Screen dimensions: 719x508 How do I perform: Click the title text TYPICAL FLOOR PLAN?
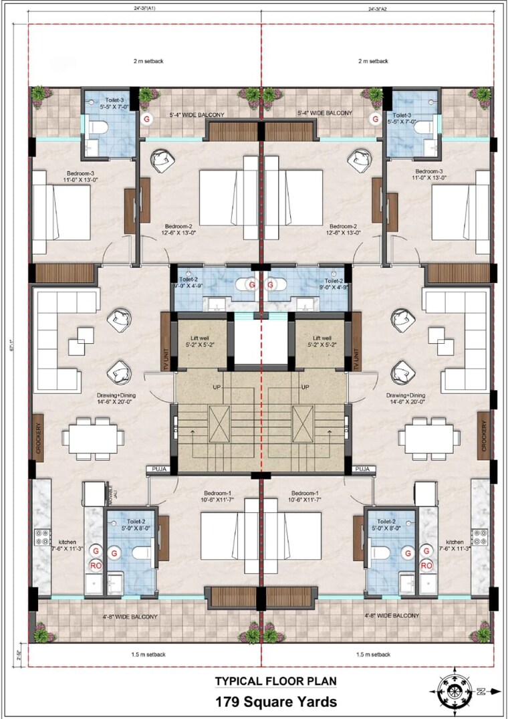coord(275,682)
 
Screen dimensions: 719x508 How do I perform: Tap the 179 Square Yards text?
coord(275,702)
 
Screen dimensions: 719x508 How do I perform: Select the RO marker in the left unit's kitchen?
coord(96,565)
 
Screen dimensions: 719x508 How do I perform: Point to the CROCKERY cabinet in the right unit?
coord(482,435)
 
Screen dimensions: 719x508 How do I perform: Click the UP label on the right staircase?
coord(305,388)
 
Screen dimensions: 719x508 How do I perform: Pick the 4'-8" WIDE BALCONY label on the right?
coord(392,615)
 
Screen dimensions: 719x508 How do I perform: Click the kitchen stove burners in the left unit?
coord(43,536)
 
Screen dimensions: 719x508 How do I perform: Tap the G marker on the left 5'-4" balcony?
coord(146,118)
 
